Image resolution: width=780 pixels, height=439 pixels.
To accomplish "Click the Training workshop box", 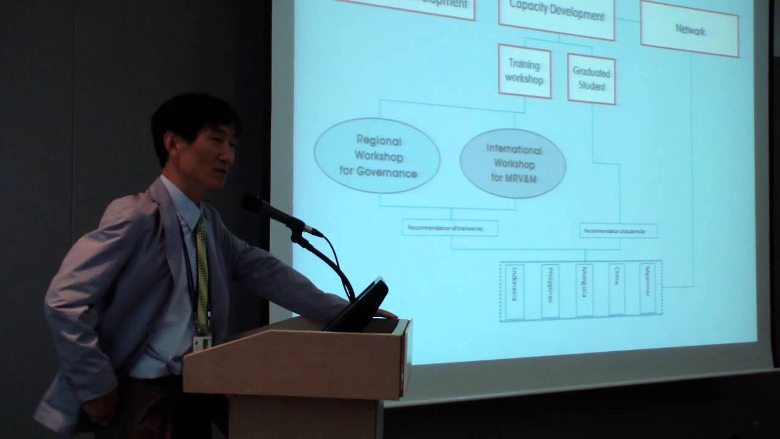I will [x=524, y=71].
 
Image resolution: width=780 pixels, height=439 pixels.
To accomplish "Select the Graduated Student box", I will [x=591, y=79].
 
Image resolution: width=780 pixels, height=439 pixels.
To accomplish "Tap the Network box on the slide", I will [x=689, y=29].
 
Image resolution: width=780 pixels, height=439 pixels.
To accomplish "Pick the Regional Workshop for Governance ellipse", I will [x=377, y=156].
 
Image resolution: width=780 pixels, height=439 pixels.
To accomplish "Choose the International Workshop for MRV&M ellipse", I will [x=513, y=163].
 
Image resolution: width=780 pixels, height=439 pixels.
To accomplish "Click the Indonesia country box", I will [x=514, y=291].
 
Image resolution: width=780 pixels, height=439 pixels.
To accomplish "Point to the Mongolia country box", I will [x=584, y=290].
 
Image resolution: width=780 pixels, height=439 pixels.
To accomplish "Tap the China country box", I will [x=616, y=289].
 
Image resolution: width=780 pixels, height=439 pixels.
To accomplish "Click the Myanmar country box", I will [x=647, y=288].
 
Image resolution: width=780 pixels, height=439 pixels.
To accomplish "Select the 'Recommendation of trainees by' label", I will [x=450, y=228].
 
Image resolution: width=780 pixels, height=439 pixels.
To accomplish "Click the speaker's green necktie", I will [x=202, y=268].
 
